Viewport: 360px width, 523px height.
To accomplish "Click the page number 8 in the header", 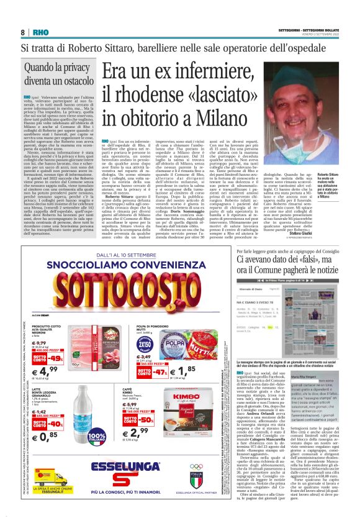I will (22, 32).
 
